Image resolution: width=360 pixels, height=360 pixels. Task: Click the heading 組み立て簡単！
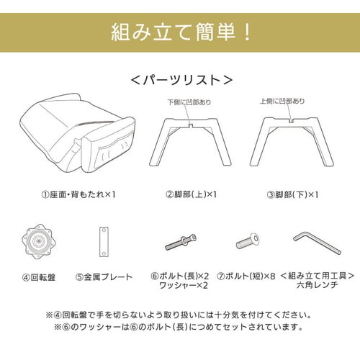coord(181,32)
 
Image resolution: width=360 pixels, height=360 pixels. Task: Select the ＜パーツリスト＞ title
coord(181,80)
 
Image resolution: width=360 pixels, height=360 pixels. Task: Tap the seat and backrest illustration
coord(77,134)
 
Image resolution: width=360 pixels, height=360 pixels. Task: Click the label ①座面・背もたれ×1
coord(78,194)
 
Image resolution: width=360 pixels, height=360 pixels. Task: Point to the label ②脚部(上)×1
coord(191,194)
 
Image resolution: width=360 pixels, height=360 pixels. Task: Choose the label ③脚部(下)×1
coord(292,194)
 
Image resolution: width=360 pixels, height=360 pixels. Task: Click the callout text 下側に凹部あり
coord(189,102)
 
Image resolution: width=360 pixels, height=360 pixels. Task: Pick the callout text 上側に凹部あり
coord(282,101)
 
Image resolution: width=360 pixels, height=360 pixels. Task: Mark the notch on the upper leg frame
coord(190,125)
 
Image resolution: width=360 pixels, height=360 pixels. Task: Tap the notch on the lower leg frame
coord(292,120)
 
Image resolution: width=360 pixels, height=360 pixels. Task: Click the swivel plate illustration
coord(37,241)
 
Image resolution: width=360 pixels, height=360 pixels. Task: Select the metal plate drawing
coord(104,242)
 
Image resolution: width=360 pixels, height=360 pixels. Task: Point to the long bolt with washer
coord(181,242)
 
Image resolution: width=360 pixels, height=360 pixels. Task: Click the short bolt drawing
coord(248,241)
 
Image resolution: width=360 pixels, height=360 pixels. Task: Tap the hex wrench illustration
coord(317,243)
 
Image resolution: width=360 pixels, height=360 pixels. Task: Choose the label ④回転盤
coord(39,278)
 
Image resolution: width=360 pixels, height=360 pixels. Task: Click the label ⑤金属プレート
coord(104,277)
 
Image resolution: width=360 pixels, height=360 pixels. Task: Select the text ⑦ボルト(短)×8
coord(246,276)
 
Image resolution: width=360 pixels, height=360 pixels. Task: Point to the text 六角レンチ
coord(318,285)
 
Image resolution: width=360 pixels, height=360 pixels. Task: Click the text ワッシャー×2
coord(184,286)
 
